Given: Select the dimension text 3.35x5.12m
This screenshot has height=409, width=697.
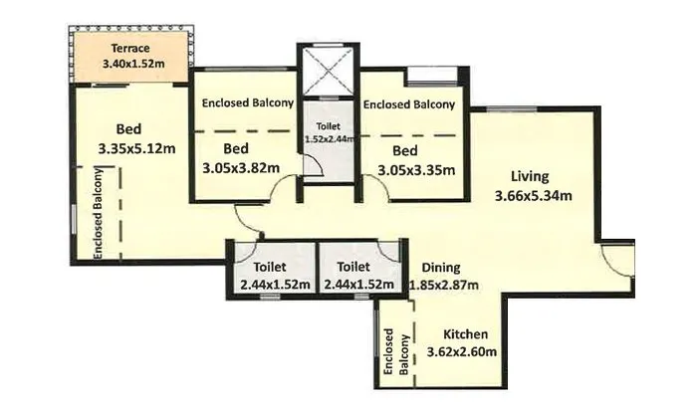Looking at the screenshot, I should coord(135,149).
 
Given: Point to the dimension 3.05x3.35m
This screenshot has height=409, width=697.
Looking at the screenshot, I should coord(416,170).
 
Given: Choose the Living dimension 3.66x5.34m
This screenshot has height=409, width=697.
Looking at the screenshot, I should coord(533,195).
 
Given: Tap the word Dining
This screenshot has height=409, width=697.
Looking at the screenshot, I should coord(441,267).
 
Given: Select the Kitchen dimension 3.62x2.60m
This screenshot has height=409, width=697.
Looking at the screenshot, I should coord(461,352).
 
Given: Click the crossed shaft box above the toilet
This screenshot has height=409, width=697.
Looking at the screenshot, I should coord(328,69).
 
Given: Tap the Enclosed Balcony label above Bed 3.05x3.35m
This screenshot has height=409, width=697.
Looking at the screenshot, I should coord(408,103).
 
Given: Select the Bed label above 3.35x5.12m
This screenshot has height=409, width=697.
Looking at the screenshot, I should coord(128,128).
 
